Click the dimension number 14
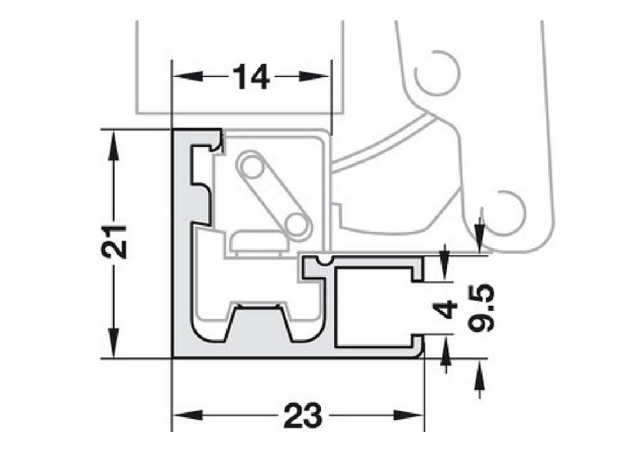[251, 77]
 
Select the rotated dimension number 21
[114, 244]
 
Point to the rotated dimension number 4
[445, 309]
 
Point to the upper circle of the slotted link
[251, 166]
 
